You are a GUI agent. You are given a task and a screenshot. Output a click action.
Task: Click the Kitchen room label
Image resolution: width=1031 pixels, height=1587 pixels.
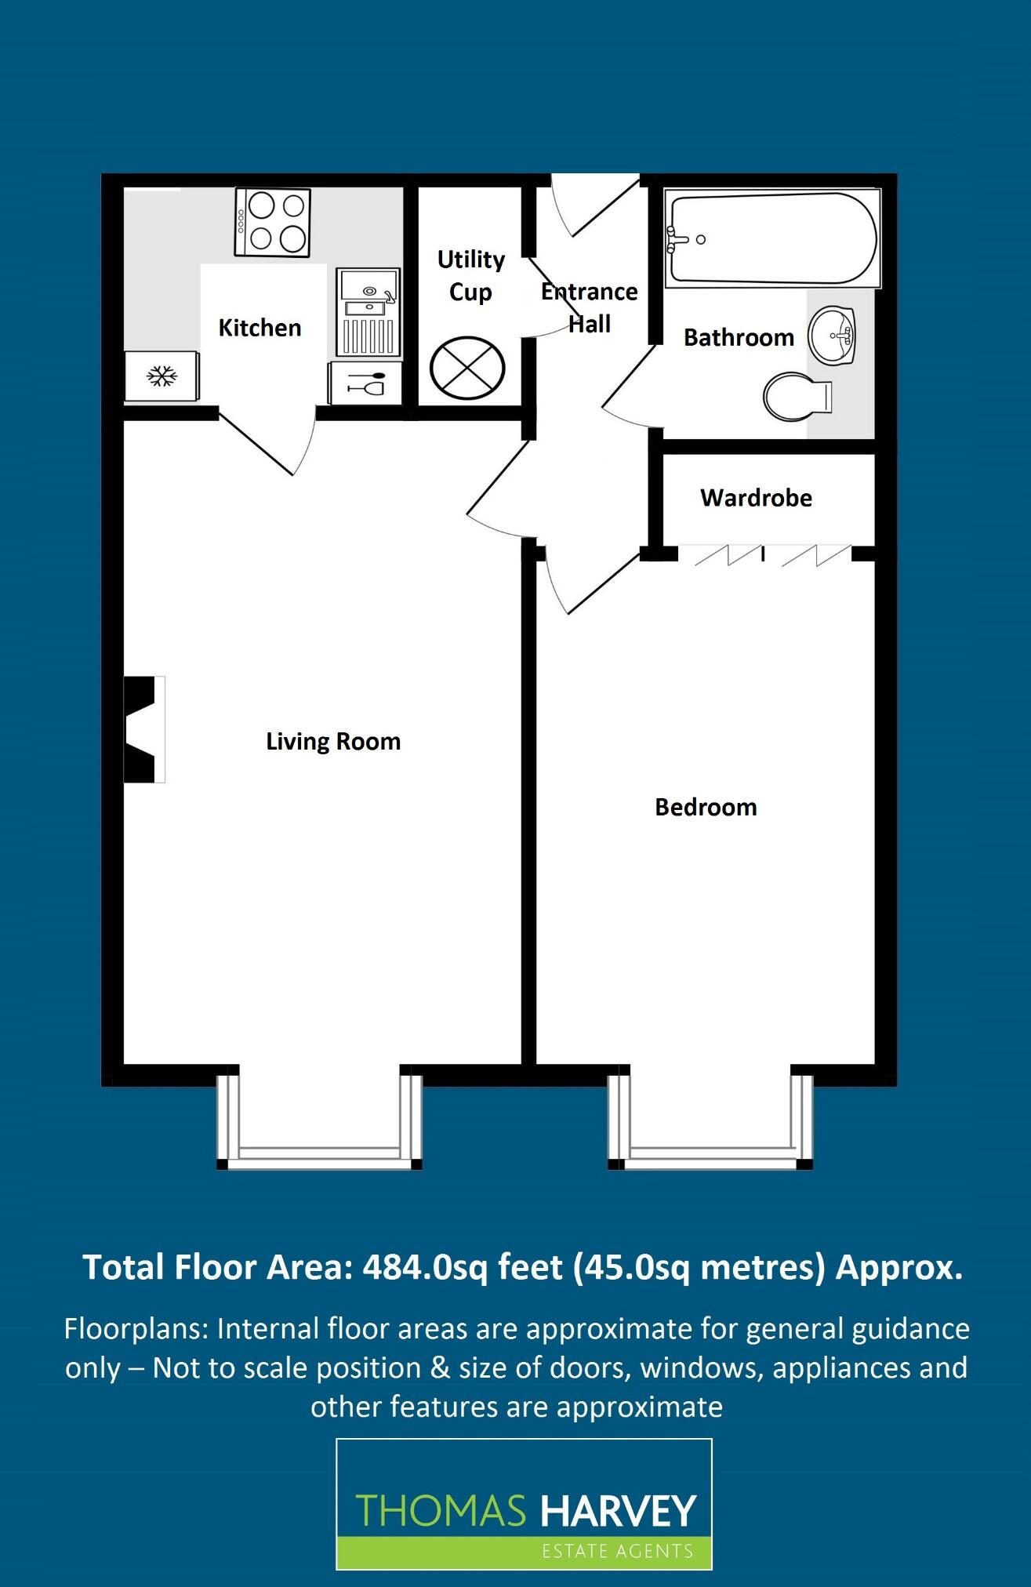click(x=260, y=328)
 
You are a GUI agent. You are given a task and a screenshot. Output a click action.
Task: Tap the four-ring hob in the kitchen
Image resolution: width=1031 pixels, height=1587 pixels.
click(x=273, y=222)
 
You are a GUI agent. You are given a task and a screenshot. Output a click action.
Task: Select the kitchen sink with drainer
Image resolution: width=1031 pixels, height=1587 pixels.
click(x=368, y=312)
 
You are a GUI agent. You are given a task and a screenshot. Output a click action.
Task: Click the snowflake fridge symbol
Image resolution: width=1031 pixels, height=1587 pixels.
click(x=162, y=377)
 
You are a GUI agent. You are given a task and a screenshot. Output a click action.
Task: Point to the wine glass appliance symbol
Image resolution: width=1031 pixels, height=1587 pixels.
click(x=366, y=384)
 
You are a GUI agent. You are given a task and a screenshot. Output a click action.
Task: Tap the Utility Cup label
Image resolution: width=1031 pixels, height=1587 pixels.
click(x=470, y=275)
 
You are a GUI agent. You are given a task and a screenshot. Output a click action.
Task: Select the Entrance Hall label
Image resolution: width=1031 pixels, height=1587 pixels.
click(x=589, y=307)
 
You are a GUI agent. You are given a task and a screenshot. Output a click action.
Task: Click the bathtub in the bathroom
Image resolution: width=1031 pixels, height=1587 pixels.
click(x=771, y=238)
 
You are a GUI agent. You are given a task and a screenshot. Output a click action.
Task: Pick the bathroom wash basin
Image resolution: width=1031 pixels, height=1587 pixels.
click(x=833, y=336)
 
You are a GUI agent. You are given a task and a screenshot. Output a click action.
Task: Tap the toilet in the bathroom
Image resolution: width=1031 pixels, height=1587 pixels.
click(x=797, y=395)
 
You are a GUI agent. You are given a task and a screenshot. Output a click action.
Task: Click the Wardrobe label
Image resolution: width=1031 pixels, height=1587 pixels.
click(x=756, y=498)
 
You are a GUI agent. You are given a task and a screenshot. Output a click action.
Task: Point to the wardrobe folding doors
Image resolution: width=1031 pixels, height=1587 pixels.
click(x=772, y=555)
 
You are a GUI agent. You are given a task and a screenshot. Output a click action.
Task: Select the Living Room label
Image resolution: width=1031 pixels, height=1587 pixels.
click(x=333, y=742)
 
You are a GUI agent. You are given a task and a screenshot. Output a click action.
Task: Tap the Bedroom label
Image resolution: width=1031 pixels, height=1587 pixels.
click(x=706, y=808)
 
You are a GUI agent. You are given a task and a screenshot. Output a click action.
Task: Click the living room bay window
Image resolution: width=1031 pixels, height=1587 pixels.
click(x=319, y=1121)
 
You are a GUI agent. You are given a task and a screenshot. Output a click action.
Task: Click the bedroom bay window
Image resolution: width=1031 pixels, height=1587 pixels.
click(x=710, y=1121)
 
